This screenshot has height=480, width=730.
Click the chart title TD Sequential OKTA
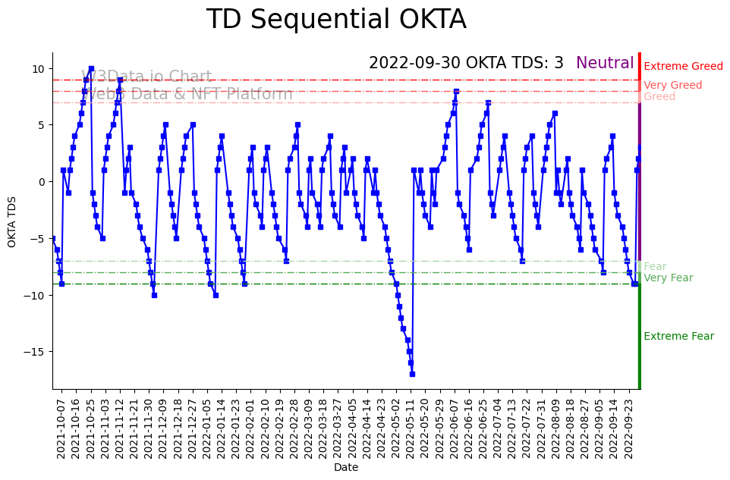[336, 20]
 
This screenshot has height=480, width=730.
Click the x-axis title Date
[346, 468]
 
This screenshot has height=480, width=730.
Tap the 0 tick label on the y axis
[43, 182]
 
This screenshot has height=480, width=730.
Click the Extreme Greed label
[683, 67]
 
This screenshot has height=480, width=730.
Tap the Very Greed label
[672, 86]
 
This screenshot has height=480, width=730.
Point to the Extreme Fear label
[678, 337]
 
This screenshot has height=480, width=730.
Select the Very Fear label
[668, 278]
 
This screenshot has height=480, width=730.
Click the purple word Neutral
[605, 64]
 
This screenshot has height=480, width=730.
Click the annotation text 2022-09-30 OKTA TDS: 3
[466, 64]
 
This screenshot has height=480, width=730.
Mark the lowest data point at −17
[412, 374]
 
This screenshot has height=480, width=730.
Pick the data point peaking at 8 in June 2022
[456, 91]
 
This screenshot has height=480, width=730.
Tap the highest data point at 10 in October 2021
[91, 69]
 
